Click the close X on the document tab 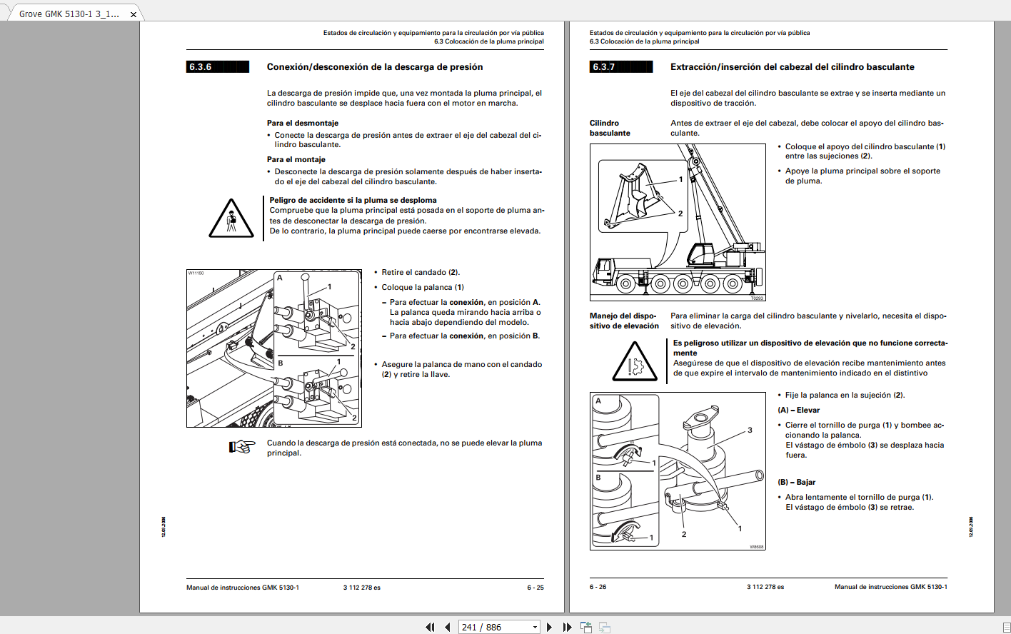point(133,14)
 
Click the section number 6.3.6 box point(218,67)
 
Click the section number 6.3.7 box point(621,67)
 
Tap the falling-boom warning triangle point(231,218)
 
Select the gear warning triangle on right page point(635,361)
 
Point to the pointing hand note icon point(242,447)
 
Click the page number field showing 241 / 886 point(499,627)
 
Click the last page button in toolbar point(567,627)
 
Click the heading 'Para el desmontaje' point(303,123)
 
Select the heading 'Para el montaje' point(296,159)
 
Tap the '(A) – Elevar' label point(798,410)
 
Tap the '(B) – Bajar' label point(797,482)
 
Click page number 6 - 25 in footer point(535,588)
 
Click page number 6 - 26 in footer point(598,587)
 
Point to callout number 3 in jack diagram point(750,430)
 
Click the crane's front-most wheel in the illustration point(626,284)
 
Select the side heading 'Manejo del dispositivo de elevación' point(624,321)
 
